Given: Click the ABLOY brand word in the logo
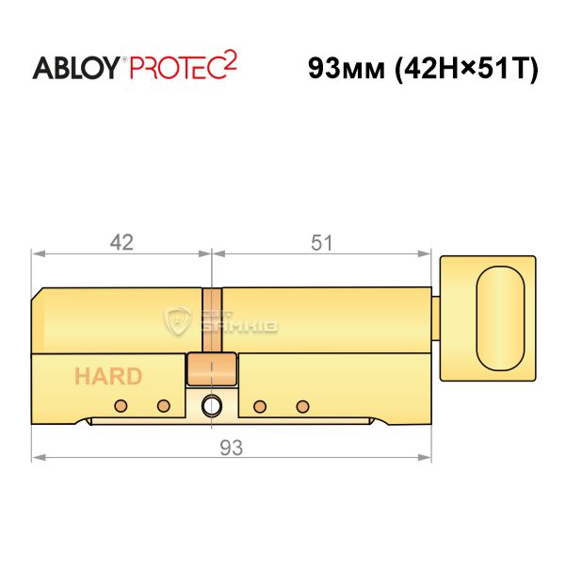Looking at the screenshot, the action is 76,68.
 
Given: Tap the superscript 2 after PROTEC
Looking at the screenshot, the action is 230,60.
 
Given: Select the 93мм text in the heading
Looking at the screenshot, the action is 347,69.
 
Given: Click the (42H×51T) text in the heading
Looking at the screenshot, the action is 466,69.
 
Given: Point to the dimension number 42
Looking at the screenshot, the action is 121,242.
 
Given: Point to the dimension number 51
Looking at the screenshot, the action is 321,243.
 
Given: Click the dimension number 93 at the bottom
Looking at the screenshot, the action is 231,448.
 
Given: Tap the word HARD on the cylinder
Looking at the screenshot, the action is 108,376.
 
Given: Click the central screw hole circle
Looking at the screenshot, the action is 212,405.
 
